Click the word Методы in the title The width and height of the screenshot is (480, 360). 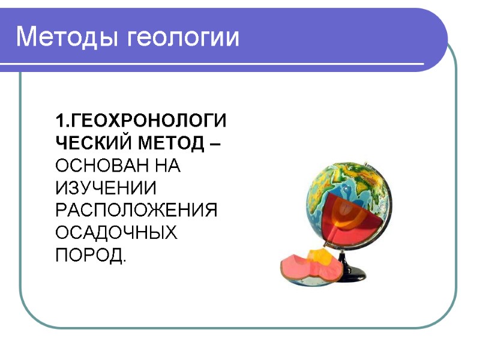click(68, 38)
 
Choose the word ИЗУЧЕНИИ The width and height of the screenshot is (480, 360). click(106, 188)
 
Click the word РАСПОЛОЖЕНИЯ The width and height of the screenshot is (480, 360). click(136, 210)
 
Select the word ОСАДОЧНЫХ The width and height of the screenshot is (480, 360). click(116, 233)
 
